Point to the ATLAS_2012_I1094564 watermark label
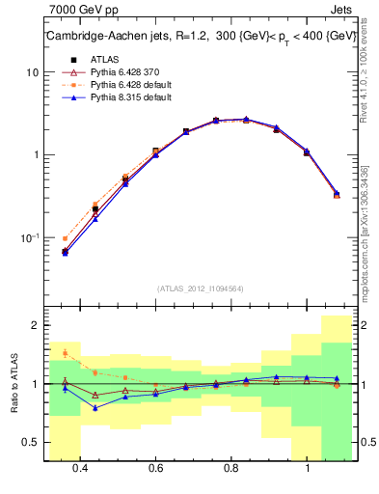click(202, 288)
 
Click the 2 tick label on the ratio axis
click(35, 325)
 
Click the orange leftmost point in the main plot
click(65, 238)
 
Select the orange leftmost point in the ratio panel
click(65, 353)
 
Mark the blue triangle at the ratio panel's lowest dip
click(95, 407)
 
